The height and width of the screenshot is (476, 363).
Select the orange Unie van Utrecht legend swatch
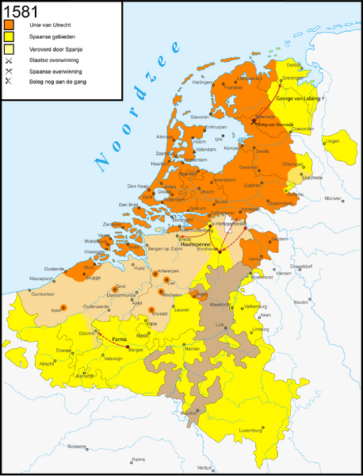click(x=10, y=25)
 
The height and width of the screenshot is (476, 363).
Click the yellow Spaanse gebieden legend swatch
click(x=10, y=37)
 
